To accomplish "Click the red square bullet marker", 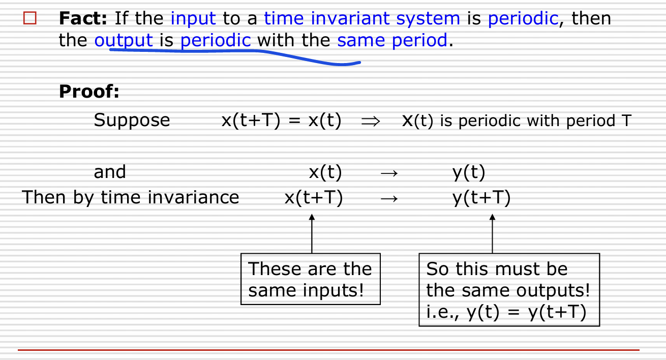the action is [x=29, y=18].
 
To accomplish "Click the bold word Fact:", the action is [x=83, y=18].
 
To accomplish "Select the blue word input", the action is [x=193, y=19].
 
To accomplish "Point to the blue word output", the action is [x=124, y=41].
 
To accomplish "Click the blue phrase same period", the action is [x=392, y=41].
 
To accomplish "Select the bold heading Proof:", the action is [x=89, y=91].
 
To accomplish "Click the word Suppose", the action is [x=132, y=121].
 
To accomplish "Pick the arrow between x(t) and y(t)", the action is [x=389, y=173].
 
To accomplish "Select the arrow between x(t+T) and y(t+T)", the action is [x=389, y=198].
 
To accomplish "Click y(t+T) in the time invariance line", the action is [x=481, y=198].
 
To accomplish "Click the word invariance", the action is [x=193, y=197].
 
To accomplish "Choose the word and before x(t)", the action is [x=110, y=172].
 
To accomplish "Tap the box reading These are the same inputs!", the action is [x=311, y=279].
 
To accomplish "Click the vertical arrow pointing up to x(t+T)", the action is [x=312, y=234].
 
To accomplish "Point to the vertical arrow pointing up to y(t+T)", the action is [x=492, y=234].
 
